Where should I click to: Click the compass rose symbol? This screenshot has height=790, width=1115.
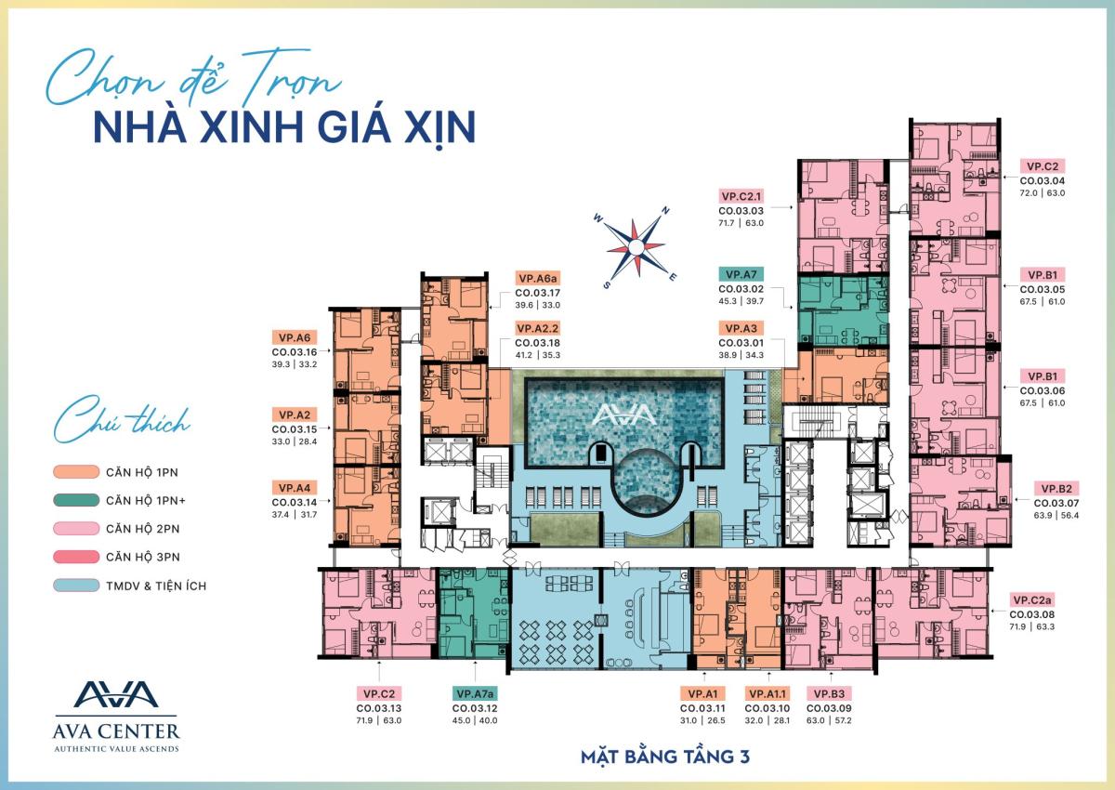pos(636,245)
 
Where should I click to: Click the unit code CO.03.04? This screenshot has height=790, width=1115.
pos(1043,180)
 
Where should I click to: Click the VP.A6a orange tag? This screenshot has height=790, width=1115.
pos(538,277)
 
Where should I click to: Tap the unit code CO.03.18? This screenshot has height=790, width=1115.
pos(538,342)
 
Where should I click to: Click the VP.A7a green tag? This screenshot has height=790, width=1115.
pos(475,693)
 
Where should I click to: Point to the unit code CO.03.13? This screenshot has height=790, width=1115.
pos(379,707)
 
